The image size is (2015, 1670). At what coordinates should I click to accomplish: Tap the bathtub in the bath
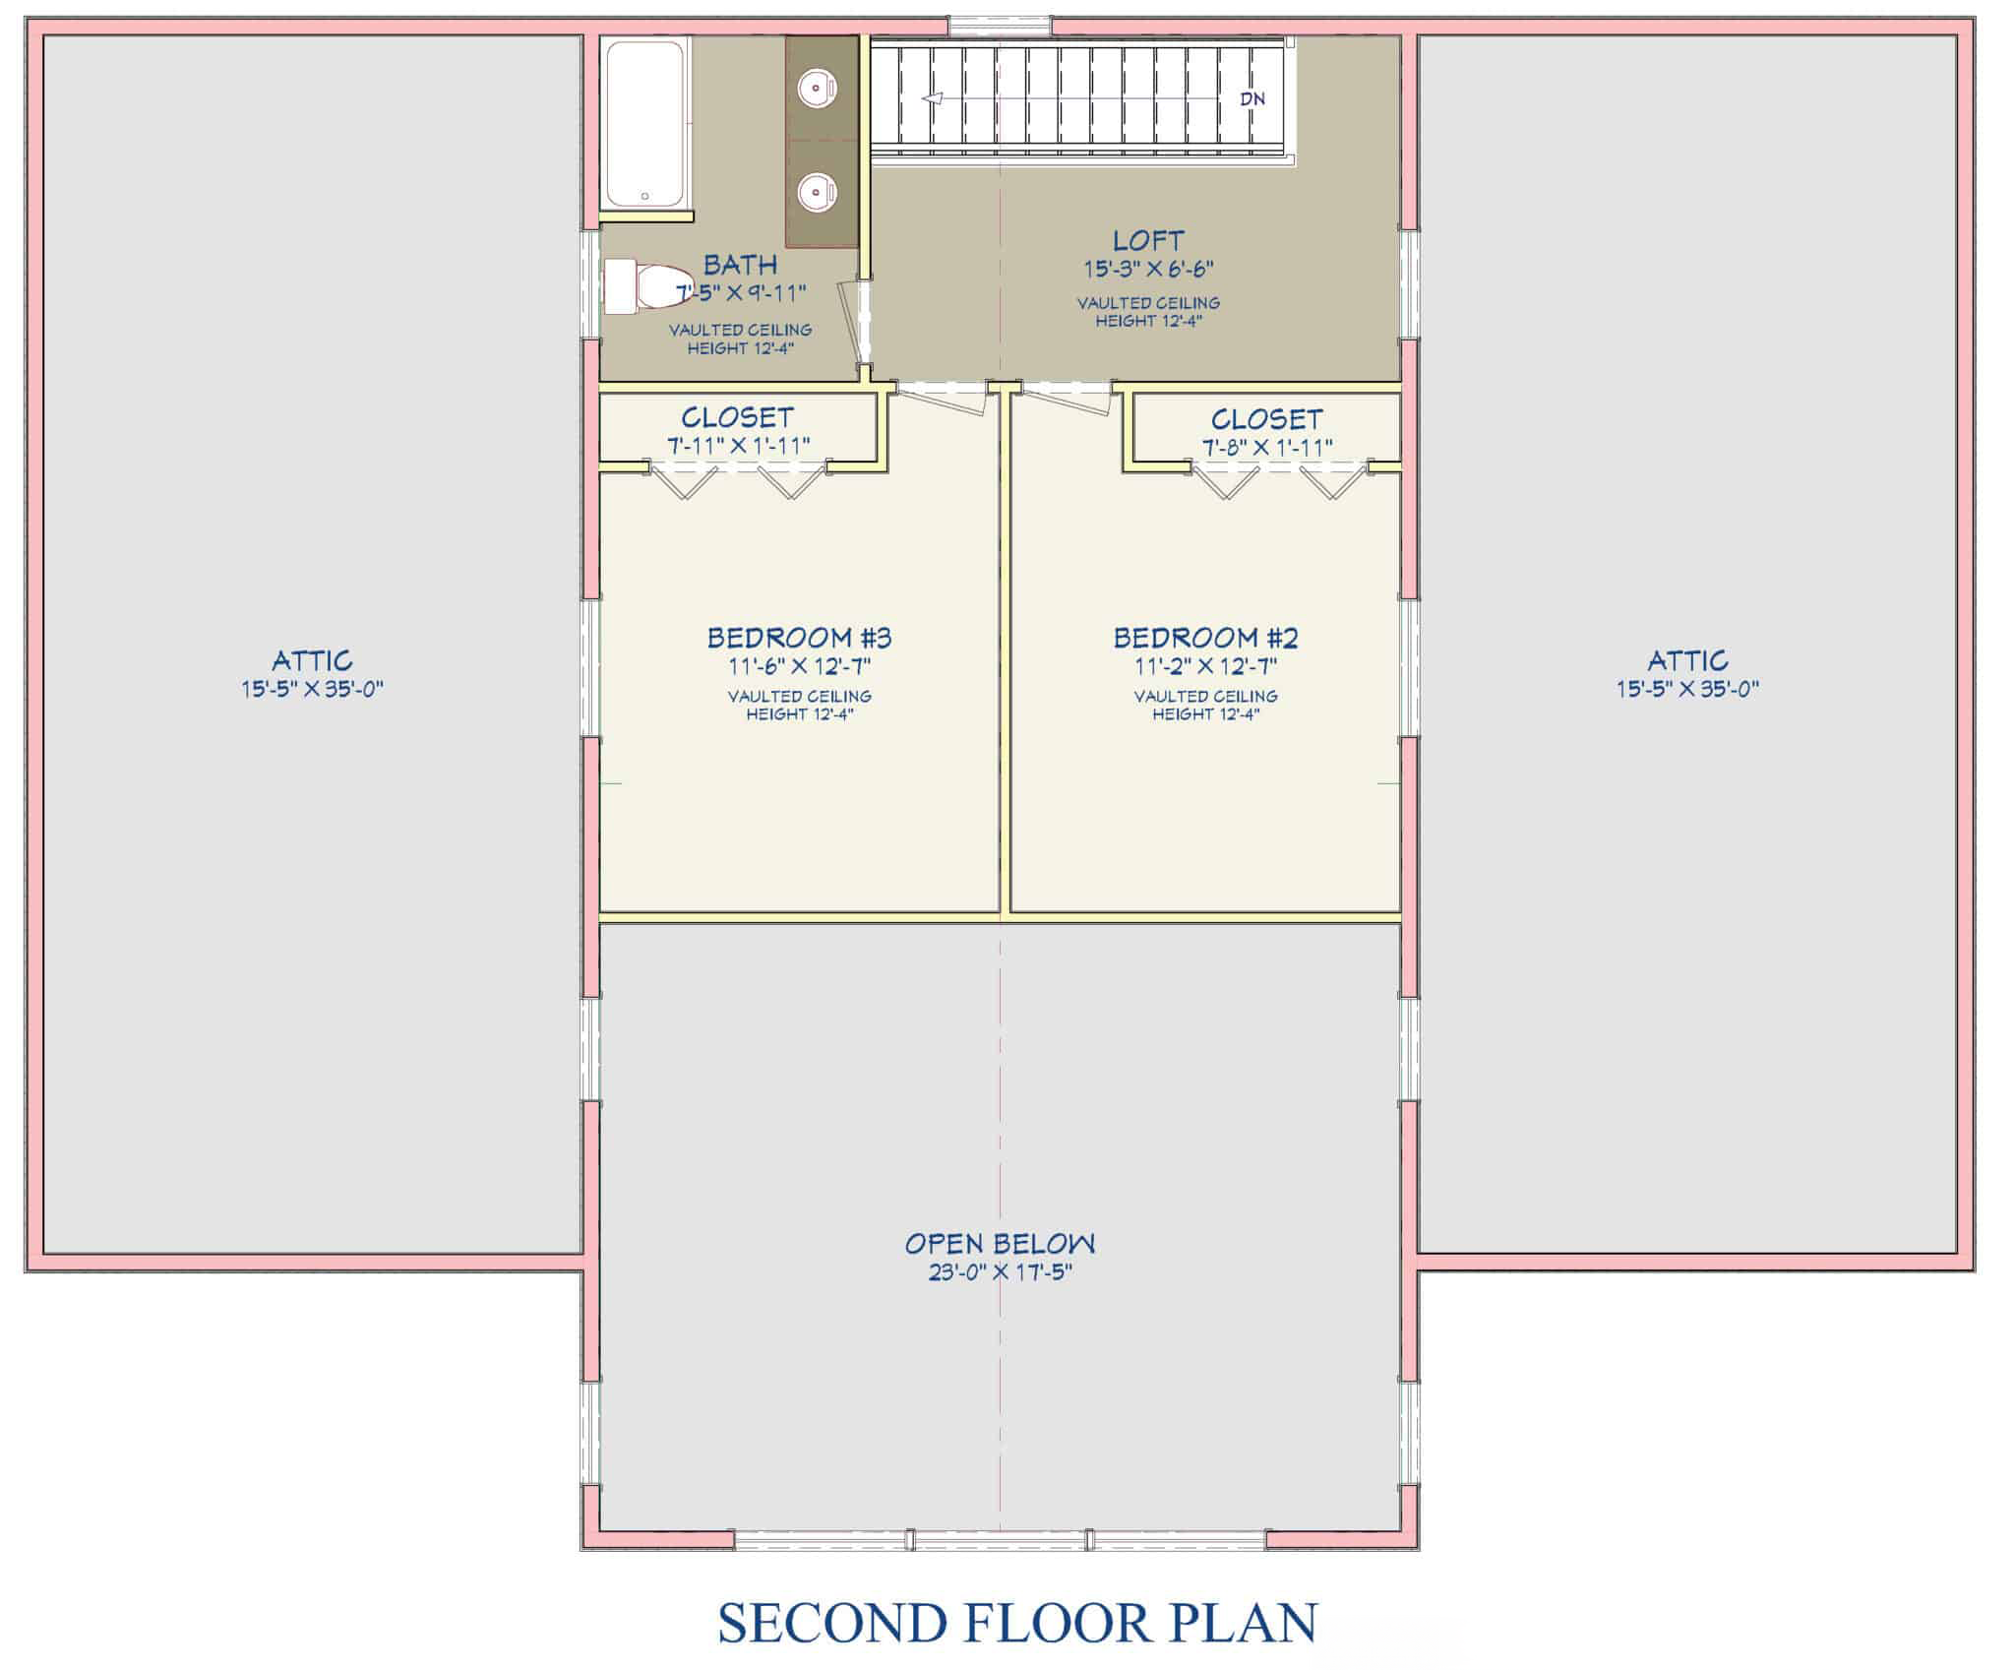644,123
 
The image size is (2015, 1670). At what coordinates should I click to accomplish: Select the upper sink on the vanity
817,90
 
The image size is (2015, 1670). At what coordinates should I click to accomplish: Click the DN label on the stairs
1252,98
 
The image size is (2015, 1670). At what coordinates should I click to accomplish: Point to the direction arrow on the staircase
932,98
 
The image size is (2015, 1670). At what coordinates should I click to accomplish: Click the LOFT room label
1148,240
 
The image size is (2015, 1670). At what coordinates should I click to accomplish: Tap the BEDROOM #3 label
799,638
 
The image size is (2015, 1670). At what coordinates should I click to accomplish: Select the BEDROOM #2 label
1205,638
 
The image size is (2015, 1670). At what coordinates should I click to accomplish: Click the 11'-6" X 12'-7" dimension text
799,666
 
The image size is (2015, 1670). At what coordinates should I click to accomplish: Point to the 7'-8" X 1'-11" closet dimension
1266,447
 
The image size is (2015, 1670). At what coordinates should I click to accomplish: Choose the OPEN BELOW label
1000,1244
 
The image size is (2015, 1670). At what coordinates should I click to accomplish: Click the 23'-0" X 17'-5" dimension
1000,1272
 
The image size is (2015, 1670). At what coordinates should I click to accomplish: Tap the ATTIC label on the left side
312,660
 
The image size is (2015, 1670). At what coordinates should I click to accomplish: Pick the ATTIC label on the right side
1687,660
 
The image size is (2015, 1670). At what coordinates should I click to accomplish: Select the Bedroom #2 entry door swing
1067,398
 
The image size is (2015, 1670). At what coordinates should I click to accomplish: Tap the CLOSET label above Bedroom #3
737,418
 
